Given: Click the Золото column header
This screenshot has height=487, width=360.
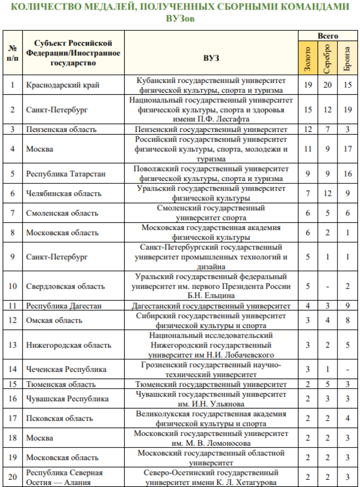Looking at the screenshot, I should pyautogui.click(x=308, y=59).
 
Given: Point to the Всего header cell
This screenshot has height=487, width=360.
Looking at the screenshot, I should pyautogui.click(x=328, y=36).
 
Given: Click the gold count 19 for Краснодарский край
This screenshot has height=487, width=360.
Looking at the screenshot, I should pyautogui.click(x=308, y=85).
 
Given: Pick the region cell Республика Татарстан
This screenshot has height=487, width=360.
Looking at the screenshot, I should pyautogui.click(x=65, y=173).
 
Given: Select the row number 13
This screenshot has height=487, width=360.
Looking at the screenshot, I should pyautogui.click(x=13, y=345).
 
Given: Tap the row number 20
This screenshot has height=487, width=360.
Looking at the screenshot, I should pyautogui.click(x=13, y=477).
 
